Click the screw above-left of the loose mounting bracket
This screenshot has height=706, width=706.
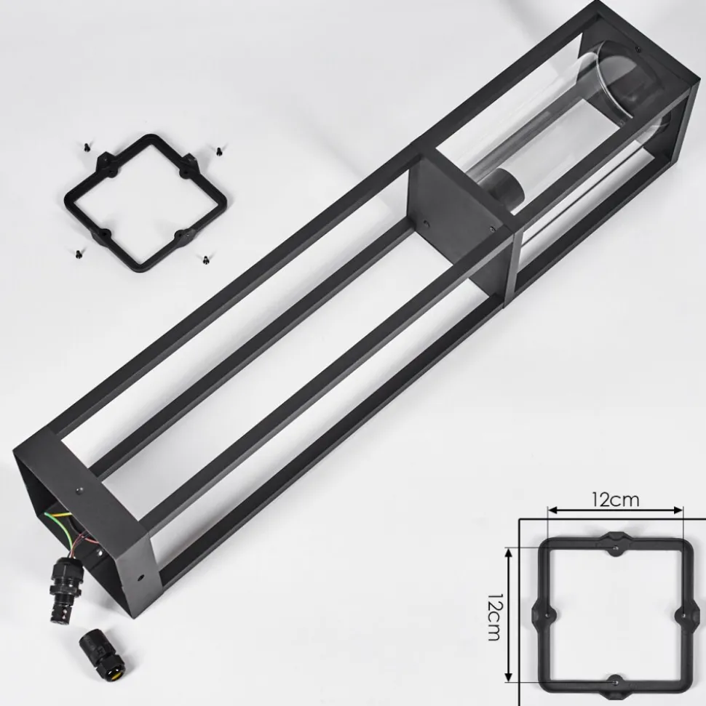pos(87,146)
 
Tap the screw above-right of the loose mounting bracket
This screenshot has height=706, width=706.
pos(220,151)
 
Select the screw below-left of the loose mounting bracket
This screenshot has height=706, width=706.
pos(78,254)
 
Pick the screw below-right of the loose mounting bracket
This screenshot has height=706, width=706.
pos(205,259)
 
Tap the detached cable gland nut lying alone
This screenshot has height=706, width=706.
pos(102,650)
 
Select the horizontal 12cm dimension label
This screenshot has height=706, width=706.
pos(615,500)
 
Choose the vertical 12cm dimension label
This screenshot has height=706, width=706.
pos(494,616)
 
